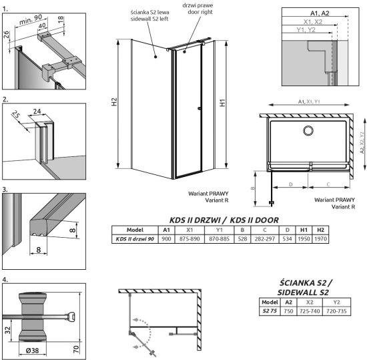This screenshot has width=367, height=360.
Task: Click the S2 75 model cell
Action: (x=268, y=311)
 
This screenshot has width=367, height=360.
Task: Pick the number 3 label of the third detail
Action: (x=6, y=189)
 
